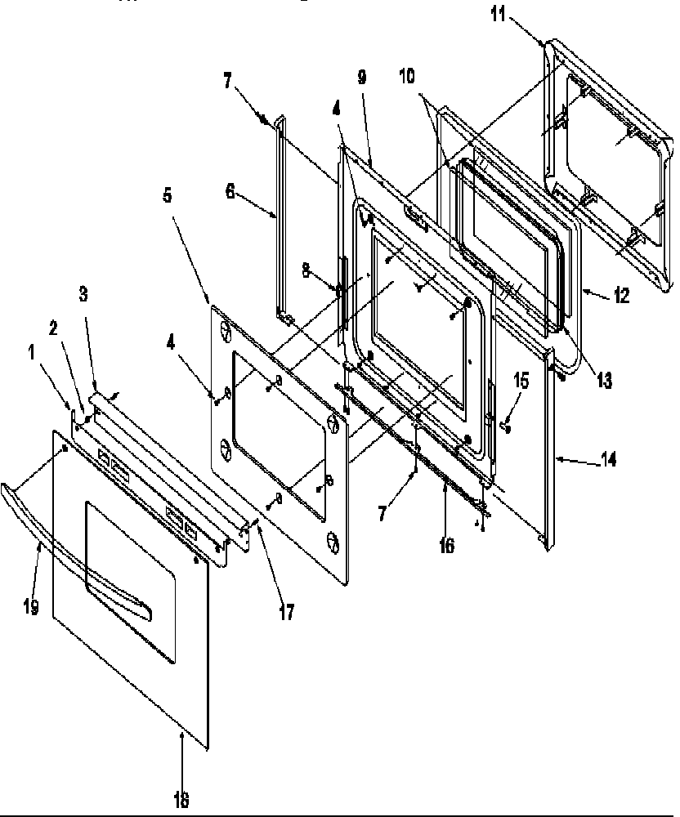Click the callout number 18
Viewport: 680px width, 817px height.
[x=181, y=801]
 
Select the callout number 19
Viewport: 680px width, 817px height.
[x=32, y=608]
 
